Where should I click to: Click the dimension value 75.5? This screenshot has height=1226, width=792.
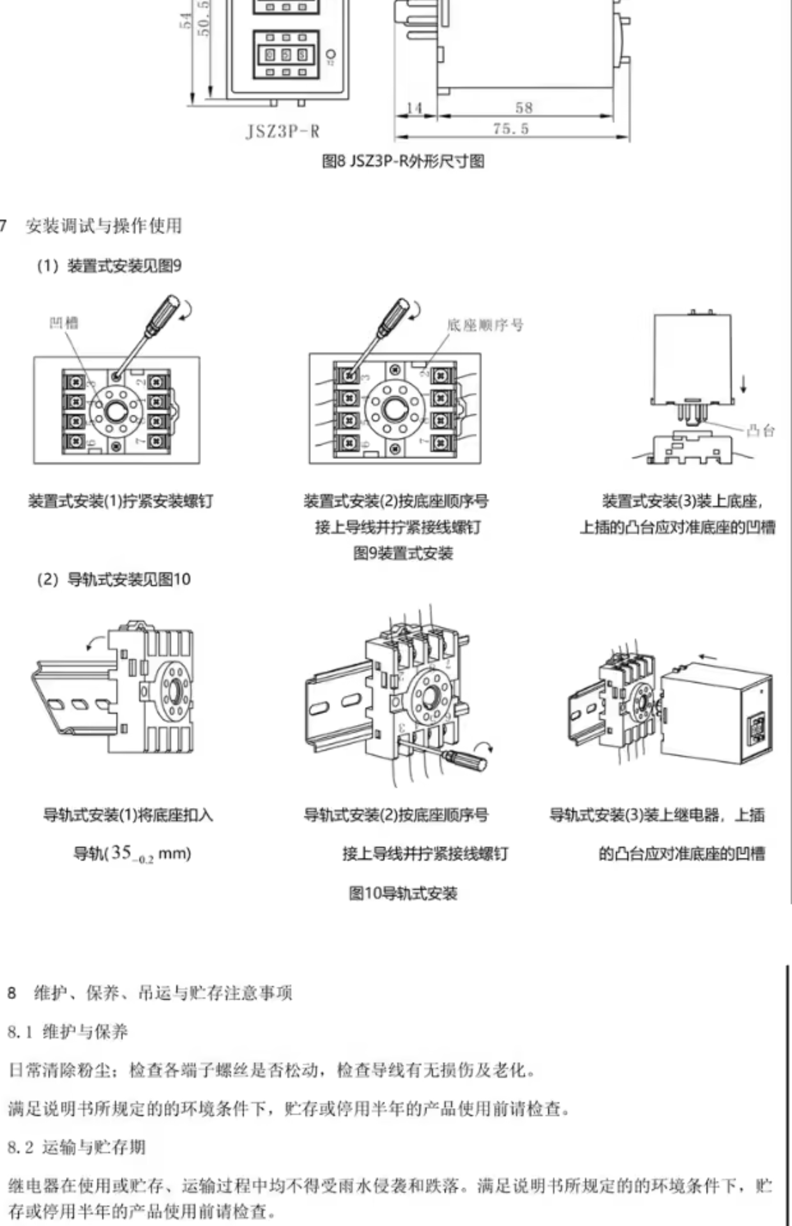511,129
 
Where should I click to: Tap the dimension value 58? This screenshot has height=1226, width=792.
524,108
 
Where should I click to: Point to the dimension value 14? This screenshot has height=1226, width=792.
415,108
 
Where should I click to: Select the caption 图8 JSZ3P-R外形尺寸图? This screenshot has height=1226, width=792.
403,162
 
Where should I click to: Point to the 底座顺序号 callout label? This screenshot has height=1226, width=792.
485,325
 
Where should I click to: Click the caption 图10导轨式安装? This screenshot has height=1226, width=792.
403,893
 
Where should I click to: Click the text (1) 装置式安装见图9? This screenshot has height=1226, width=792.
109,266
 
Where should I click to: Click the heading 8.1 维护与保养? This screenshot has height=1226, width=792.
68,1032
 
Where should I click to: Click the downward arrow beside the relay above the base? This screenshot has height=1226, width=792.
742,383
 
